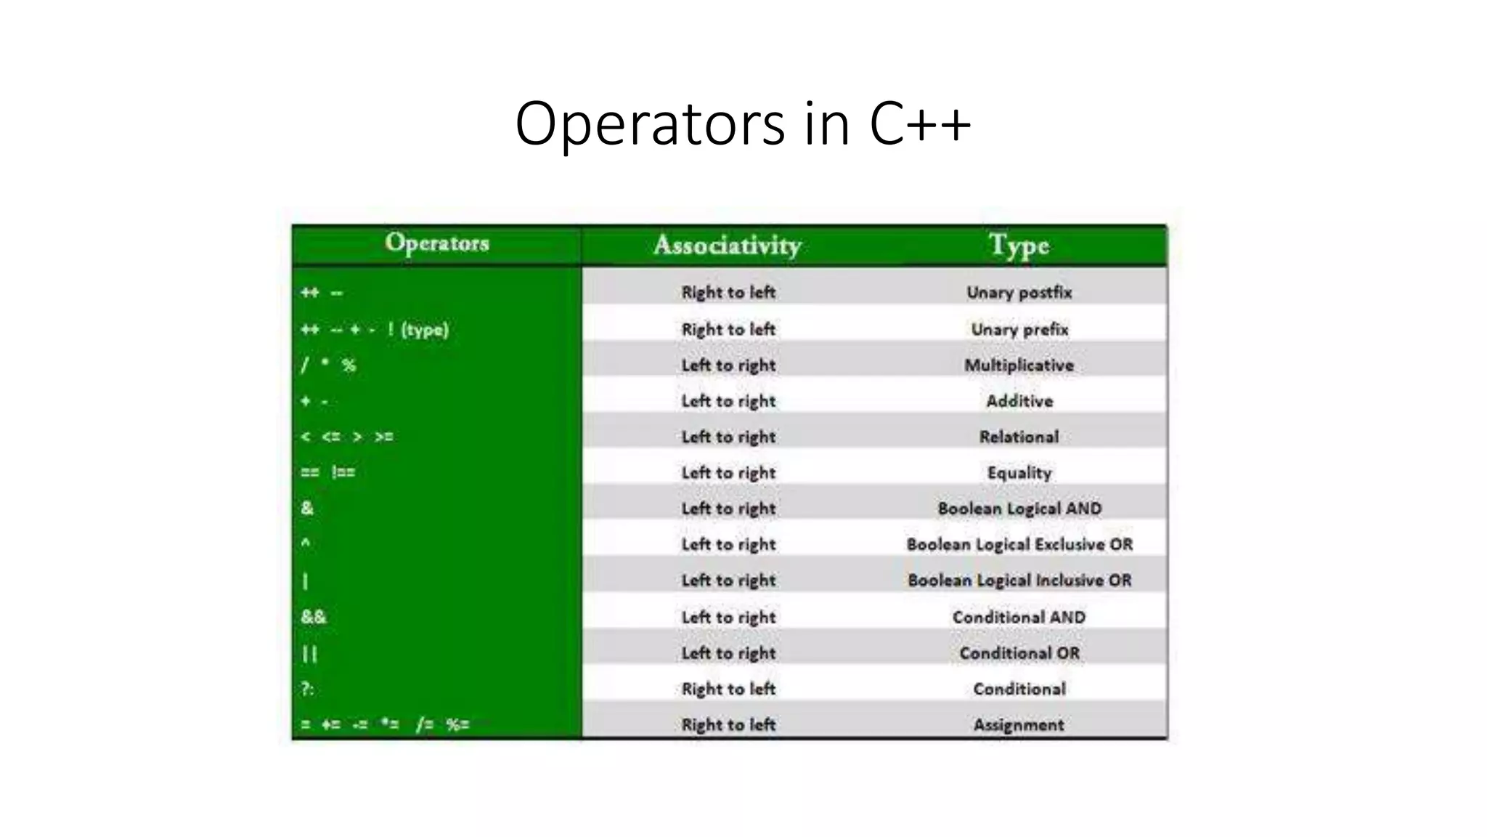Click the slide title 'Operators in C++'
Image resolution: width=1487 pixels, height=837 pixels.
coord(742,124)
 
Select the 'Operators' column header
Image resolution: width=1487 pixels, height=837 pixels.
coord(437,243)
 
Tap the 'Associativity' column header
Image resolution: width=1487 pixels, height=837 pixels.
coord(728,246)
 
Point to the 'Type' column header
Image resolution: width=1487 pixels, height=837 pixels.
coord(1019,246)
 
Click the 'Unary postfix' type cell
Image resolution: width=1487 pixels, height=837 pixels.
coord(1019,293)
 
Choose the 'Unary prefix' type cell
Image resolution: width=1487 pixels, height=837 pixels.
coord(1019,330)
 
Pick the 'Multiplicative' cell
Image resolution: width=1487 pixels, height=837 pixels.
coord(1019,365)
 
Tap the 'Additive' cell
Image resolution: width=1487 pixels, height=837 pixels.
coord(1019,401)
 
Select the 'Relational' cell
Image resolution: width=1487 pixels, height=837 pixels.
coord(1019,437)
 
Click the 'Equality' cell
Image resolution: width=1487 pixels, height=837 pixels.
coord(1019,473)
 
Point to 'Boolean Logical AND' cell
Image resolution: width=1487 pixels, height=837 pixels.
coord(1019,509)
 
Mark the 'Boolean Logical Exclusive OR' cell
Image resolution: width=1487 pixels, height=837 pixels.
coord(1019,544)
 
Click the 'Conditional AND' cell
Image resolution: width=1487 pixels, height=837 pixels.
coord(1019,617)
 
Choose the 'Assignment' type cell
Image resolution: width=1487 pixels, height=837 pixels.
coord(1019,724)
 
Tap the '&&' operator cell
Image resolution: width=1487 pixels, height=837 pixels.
coord(314,617)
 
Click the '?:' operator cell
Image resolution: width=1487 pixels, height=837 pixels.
coord(308,688)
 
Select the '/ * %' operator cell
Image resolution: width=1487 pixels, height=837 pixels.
coord(328,365)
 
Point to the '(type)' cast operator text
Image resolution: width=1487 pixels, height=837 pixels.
coord(425,330)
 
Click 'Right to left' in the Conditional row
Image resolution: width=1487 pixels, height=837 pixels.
coord(728,689)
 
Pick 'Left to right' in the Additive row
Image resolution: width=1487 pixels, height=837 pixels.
coord(728,401)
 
